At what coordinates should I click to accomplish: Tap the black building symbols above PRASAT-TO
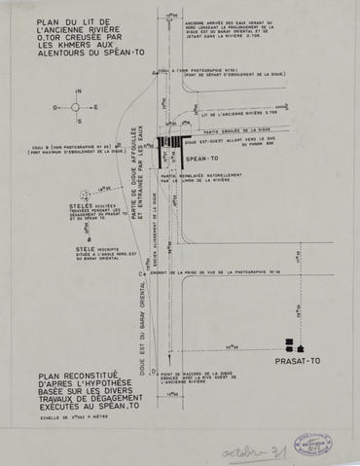(295, 344)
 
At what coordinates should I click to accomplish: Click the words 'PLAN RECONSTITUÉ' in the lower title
(63, 374)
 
